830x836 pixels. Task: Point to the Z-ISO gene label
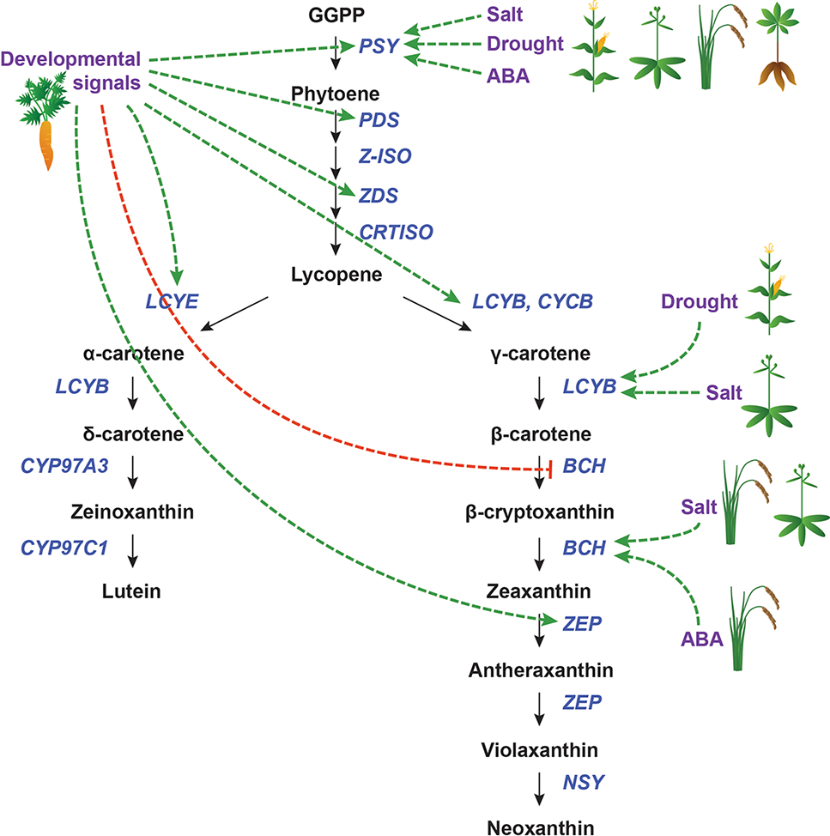click(385, 156)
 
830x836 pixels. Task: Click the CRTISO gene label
click(396, 231)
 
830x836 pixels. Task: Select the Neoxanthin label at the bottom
click(539, 827)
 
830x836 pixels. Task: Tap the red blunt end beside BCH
click(549, 468)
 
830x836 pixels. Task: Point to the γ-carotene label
click(539, 354)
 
